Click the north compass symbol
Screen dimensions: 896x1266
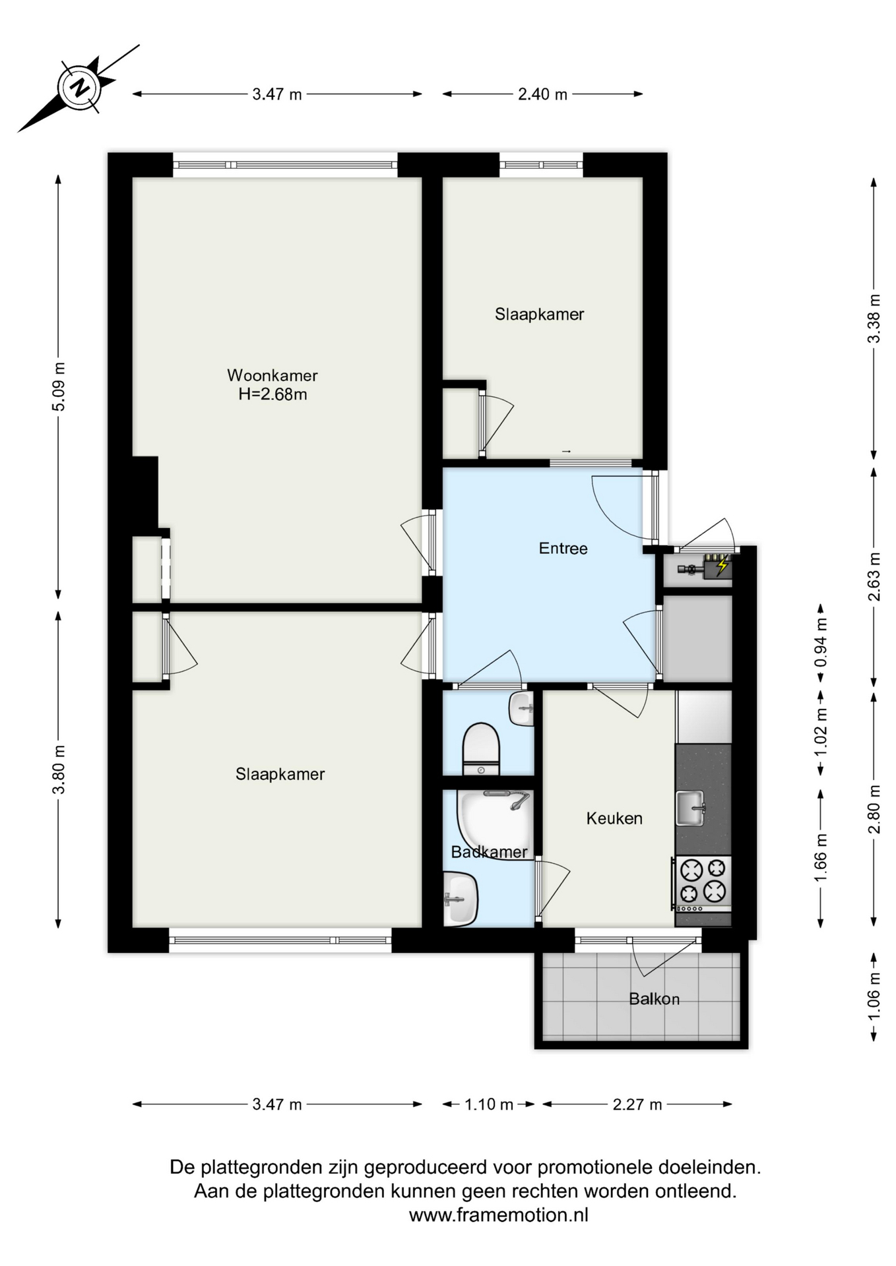(x=80, y=87)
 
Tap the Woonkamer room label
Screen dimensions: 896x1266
(x=272, y=375)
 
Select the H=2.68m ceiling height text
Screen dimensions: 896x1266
(x=272, y=395)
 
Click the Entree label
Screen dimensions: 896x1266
(x=563, y=548)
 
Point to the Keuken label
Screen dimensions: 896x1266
(x=614, y=818)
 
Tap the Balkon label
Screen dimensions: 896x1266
(x=654, y=999)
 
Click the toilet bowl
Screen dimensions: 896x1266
(x=481, y=749)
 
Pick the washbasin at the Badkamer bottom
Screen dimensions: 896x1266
(x=461, y=898)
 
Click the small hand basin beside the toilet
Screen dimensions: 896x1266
(x=521, y=709)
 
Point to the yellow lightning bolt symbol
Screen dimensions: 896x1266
(x=722, y=565)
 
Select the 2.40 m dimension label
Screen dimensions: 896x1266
(x=542, y=94)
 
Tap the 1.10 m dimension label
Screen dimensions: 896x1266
(x=489, y=1104)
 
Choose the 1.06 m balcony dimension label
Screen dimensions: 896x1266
(x=874, y=996)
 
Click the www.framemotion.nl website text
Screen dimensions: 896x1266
(x=498, y=1215)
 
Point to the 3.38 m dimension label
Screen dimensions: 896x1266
(x=874, y=318)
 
